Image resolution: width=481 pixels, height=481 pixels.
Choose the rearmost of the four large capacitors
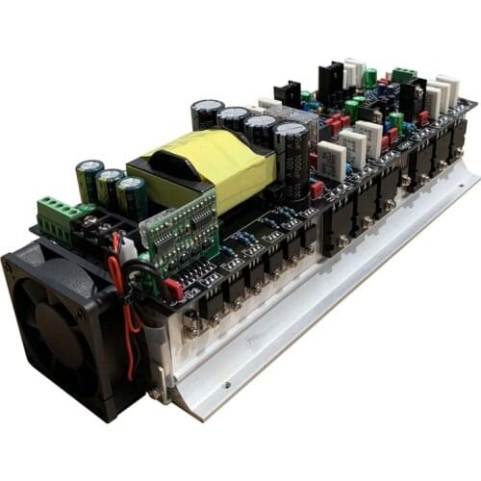(x=206, y=114)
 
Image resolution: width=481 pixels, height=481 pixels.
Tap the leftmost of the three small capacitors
(x=89, y=179)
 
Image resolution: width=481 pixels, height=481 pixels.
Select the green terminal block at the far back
(x=403, y=75)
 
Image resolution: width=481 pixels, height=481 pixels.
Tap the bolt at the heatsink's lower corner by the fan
(x=154, y=392)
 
